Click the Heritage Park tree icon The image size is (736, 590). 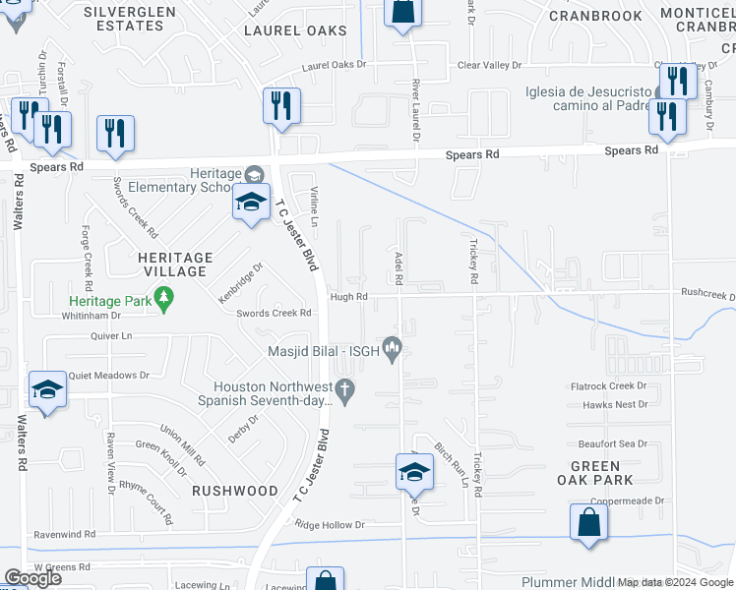click(166, 296)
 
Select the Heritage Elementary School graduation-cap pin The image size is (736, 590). click(251, 205)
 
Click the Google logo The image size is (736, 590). click(32, 578)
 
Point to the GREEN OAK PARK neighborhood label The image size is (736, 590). click(595, 473)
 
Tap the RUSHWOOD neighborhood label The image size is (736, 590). click(235, 490)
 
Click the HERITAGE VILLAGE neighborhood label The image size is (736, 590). click(169, 265)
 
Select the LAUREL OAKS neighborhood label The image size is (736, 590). click(295, 30)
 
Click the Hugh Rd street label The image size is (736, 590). click(348, 296)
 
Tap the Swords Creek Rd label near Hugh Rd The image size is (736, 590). click(274, 313)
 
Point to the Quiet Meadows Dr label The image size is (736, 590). click(110, 375)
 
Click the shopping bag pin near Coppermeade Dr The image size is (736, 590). click(587, 523)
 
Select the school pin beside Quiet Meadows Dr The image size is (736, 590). click(47, 390)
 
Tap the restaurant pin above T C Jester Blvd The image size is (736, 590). click(281, 105)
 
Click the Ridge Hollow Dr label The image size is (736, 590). click(330, 525)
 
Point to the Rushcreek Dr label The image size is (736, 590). click(707, 294)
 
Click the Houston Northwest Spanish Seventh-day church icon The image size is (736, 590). click(344, 392)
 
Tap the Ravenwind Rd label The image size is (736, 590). click(64, 534)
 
